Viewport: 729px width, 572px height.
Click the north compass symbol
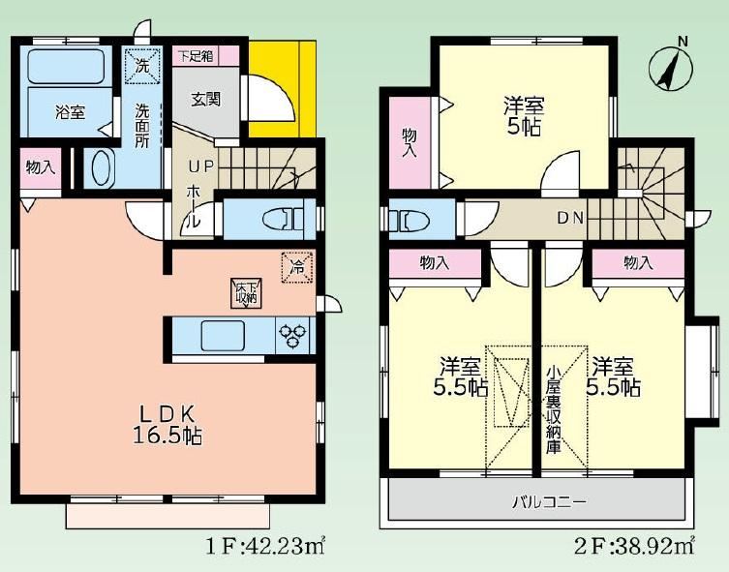[670, 68]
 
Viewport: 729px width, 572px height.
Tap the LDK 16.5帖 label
[167, 424]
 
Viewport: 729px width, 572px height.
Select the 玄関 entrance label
[205, 100]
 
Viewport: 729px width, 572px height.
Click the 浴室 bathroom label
[71, 112]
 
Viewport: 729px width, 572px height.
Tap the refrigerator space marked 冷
[296, 267]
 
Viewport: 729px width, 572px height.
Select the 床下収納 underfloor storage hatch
[247, 293]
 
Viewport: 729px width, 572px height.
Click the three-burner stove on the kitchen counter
[292, 336]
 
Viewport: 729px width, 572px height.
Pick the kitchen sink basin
[223, 336]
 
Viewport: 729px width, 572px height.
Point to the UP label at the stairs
[200, 166]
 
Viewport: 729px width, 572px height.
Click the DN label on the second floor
[569, 218]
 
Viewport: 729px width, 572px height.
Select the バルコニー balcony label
[550, 502]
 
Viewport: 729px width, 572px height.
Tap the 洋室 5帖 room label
[524, 116]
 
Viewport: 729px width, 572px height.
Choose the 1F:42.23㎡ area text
[265, 547]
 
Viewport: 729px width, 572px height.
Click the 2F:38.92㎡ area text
[634, 547]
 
